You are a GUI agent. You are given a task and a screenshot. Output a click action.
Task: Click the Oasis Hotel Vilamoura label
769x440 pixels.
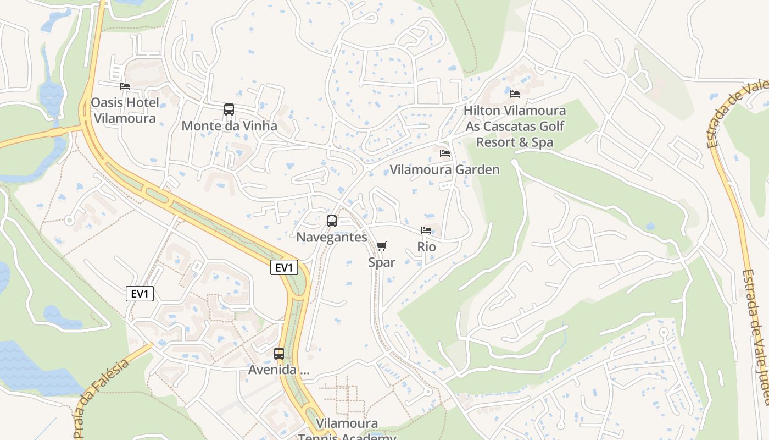coord(125,110)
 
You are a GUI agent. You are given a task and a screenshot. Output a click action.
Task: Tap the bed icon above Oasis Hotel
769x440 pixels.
coord(125,86)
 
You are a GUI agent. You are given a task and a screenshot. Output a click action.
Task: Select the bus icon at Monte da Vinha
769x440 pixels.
coord(229,109)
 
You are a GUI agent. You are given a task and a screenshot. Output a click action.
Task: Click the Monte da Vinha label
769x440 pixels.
coord(229,126)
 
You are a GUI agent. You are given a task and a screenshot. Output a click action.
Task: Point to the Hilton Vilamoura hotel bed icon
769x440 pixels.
coord(515,94)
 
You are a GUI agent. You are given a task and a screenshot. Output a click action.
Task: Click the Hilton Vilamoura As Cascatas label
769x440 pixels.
coord(515,127)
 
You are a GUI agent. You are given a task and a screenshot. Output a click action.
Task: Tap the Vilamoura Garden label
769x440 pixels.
coord(445,169)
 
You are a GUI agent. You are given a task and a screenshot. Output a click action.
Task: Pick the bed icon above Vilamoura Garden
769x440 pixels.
coord(445,153)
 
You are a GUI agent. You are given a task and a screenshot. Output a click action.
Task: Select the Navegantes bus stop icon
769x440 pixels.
coord(332,221)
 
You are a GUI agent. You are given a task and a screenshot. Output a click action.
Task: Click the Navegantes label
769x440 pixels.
coord(332,237)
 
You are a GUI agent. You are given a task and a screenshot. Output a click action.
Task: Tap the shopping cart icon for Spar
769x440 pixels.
coord(382,246)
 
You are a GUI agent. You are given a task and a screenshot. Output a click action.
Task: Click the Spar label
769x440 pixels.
coord(382,262)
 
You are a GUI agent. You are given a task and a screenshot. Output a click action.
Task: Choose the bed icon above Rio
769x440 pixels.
coord(426,230)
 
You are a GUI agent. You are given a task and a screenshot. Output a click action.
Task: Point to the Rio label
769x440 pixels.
coord(426,246)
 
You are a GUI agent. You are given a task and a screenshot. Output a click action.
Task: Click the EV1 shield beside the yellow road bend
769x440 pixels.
coord(285,268)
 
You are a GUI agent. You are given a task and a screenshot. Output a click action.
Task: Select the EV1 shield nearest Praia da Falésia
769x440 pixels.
coord(140,294)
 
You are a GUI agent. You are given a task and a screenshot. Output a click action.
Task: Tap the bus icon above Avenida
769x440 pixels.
coord(279,354)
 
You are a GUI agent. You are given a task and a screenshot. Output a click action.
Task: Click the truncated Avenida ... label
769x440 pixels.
coord(279,370)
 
